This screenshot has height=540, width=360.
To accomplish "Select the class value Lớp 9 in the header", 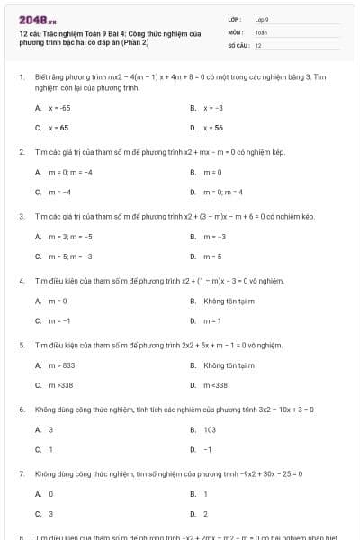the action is (x=262, y=18).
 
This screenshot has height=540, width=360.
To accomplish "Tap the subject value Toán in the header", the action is (x=261, y=31).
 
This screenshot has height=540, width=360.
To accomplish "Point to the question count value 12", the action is (x=258, y=45).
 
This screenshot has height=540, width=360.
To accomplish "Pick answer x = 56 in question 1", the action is (x=212, y=128).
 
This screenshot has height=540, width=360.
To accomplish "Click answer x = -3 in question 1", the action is (x=212, y=107).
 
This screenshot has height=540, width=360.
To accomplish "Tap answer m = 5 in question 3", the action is (x=212, y=256).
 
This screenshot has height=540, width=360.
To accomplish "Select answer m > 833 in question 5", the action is (x=62, y=364).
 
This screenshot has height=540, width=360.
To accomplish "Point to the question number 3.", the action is (x=21, y=216).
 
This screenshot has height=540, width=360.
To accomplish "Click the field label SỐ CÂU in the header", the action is (x=237, y=45).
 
